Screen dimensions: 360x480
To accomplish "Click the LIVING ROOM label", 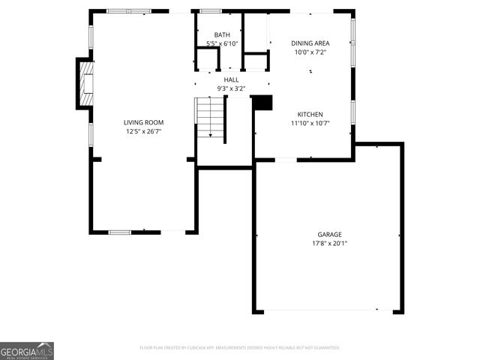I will click(x=143, y=122).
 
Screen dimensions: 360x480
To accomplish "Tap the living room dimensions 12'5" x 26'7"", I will click(x=143, y=131).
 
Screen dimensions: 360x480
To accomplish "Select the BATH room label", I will click(x=222, y=35).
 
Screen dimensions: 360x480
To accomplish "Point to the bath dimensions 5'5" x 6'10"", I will click(x=222, y=43).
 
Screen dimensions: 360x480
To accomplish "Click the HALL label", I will click(x=231, y=79).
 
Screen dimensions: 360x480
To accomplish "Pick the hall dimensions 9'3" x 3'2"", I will click(x=231, y=88).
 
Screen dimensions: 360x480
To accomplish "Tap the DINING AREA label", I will click(x=310, y=43).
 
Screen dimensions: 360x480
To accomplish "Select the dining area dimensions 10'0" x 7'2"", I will click(x=310, y=52).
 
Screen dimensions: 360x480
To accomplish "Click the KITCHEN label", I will click(x=310, y=115).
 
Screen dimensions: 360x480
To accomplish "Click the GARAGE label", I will click(x=329, y=234).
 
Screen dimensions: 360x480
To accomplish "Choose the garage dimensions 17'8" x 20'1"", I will click(x=329, y=243).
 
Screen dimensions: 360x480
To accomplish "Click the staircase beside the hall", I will click(x=211, y=118).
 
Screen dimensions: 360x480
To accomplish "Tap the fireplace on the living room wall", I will click(x=85, y=82).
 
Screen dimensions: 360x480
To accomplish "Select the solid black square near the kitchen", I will click(x=262, y=103).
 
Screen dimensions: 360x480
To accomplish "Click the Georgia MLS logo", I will click(x=27, y=351).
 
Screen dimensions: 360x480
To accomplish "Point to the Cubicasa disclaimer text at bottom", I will click(x=240, y=348).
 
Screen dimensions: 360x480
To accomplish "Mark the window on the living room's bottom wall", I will click(x=120, y=232).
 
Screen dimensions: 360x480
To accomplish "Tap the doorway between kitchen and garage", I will click(x=286, y=159).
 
